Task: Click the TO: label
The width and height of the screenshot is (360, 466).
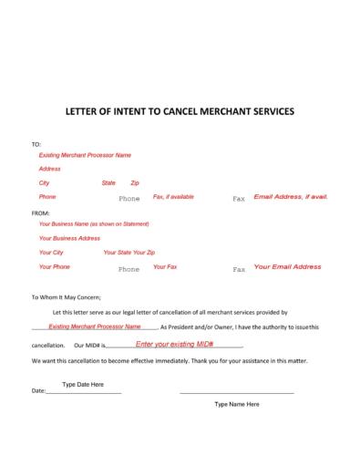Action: tap(36, 144)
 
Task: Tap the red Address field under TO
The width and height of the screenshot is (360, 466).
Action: tap(49, 169)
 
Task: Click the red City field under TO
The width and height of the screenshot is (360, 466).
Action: tap(44, 183)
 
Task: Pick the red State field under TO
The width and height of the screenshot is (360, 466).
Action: tap(108, 183)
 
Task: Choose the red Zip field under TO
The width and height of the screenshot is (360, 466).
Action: tap(135, 183)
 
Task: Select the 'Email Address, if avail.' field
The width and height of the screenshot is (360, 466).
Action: tap(290, 197)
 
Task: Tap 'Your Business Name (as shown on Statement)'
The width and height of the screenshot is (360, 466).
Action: tap(94, 223)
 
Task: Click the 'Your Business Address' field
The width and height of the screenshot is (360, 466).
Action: tap(69, 238)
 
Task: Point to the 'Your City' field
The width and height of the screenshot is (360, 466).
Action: tap(51, 252)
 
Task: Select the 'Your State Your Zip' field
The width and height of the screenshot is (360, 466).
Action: tap(129, 252)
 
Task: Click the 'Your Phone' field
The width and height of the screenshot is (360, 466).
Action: tap(55, 266)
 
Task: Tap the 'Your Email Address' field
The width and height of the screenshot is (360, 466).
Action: tap(287, 266)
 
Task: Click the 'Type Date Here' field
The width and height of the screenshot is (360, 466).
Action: tap(83, 384)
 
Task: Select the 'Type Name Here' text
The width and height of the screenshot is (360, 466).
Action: tap(236, 403)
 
